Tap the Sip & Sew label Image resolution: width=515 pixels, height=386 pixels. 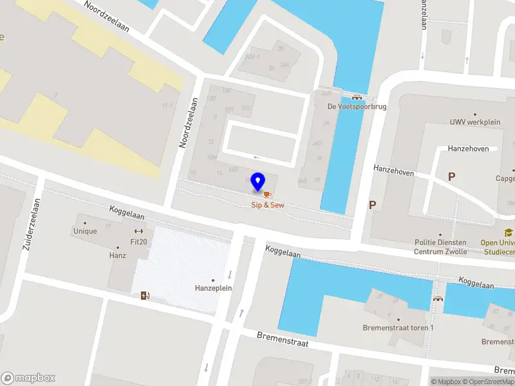pos(267,205)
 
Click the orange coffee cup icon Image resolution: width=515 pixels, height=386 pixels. pos(267,194)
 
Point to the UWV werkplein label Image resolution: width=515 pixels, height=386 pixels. pos(475,122)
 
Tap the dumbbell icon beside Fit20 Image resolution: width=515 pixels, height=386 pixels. pos(138,232)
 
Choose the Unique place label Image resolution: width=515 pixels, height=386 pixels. pos(85,232)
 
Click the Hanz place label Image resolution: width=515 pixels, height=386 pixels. pos(117,255)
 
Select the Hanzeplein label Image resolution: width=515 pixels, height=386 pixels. pos(213,288)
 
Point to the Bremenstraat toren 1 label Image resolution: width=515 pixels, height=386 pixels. pos(398,327)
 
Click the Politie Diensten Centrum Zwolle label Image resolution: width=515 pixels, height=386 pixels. pos(440,247)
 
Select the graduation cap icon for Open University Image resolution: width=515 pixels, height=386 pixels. pos(508,233)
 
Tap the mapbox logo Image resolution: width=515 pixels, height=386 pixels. pos(28,378)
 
